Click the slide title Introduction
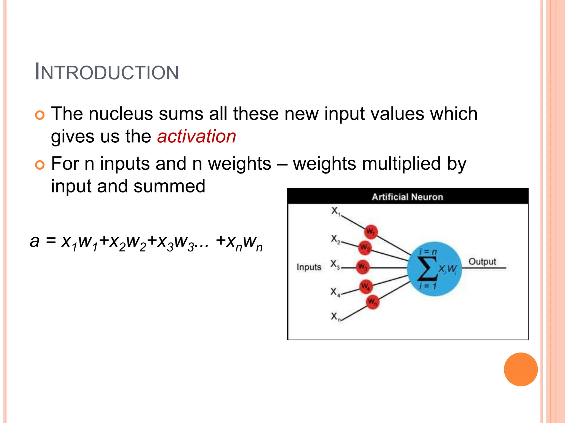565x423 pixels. point(107,72)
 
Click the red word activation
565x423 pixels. point(196,136)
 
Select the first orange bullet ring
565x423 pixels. point(40,115)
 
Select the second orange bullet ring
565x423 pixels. point(40,165)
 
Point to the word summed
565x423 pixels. point(169,186)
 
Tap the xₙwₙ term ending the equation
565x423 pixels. point(244,242)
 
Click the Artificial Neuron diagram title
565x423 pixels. point(407,197)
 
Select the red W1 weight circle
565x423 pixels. point(370,232)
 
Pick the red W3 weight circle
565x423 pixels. point(362,267)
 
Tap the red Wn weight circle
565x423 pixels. point(372,302)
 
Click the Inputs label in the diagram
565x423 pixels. point(309,267)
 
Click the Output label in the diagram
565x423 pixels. point(482,262)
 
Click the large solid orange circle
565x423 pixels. point(521,369)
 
